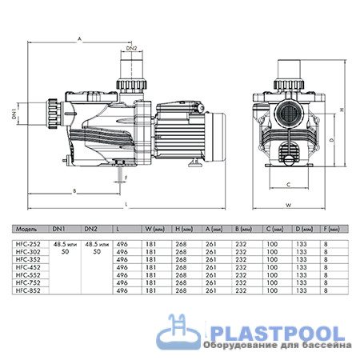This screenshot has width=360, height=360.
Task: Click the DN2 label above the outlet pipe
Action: point(133,49)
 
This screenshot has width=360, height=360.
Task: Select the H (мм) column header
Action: point(182,228)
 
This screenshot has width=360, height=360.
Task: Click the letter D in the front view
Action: point(330,138)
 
